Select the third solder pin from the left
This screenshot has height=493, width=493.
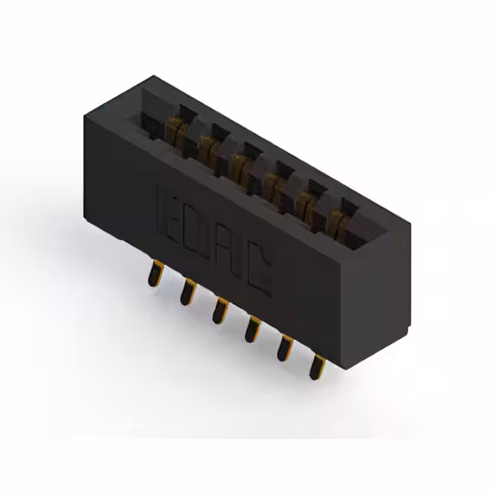[219, 310]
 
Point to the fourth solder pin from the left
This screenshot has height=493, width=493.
[250, 329]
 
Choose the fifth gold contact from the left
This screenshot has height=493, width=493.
[304, 203]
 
